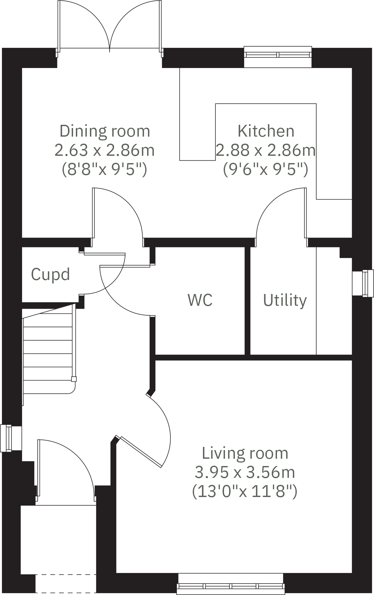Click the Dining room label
tap(105, 131)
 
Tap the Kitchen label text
tap(266, 131)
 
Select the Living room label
tap(245, 453)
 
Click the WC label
tap(200, 300)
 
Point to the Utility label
tap(285, 300)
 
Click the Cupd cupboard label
tap(50, 274)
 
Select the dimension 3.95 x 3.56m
tap(245, 472)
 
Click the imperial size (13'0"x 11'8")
tap(245, 491)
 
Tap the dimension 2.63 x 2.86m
tap(105, 150)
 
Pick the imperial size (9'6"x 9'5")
tap(266, 169)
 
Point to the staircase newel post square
tap(74, 379)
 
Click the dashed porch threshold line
tap(65, 575)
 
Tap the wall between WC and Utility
tap(247, 300)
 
